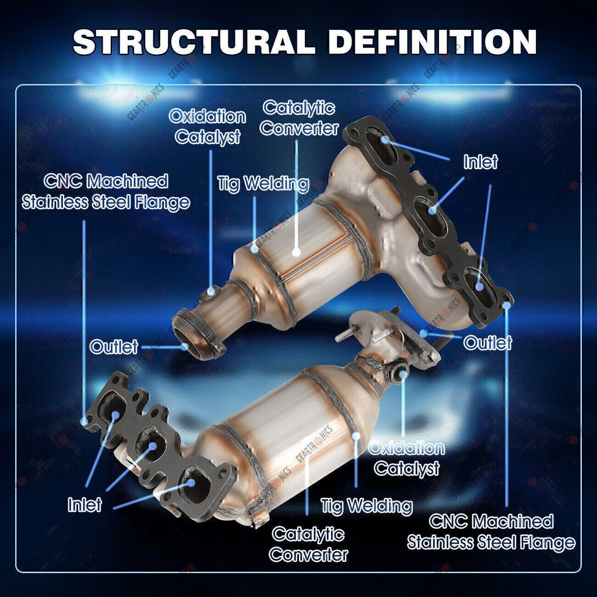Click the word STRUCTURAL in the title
pyautogui.click(x=194, y=41)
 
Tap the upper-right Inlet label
pyautogui.click(x=480, y=162)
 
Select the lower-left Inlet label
pyautogui.click(x=85, y=505)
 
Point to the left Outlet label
pyautogui.click(x=114, y=347)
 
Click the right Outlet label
pyautogui.click(x=487, y=343)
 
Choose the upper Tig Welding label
pyautogui.click(x=263, y=184)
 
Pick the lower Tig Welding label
pyautogui.click(x=367, y=507)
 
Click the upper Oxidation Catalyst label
pyautogui.click(x=208, y=127)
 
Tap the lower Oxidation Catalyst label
pyautogui.click(x=406, y=458)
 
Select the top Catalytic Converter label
pyautogui.click(x=299, y=118)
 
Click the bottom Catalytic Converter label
pyautogui.click(x=308, y=545)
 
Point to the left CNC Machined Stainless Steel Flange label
pyautogui.click(x=106, y=192)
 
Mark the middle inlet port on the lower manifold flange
pyautogui.click(x=151, y=443)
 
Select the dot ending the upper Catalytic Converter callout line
pyautogui.click(x=296, y=252)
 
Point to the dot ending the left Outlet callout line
pyautogui.click(x=185, y=347)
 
